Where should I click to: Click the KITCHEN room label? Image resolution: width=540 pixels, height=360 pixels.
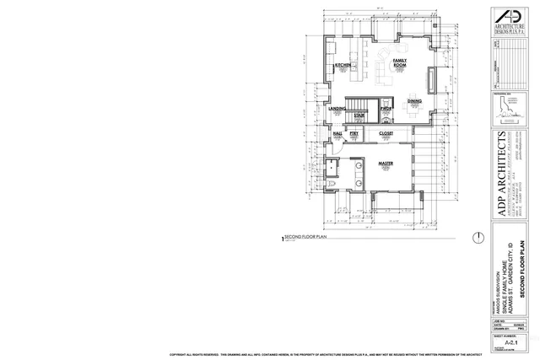tap(343, 65)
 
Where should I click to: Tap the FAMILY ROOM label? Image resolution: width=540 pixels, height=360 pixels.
tap(400, 64)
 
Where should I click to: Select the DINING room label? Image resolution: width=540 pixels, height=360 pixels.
tap(414, 101)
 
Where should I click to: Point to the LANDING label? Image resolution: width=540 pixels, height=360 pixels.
tap(337, 109)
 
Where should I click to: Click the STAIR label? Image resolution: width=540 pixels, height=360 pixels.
tap(359, 115)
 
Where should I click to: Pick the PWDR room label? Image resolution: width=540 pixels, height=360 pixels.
tap(385, 109)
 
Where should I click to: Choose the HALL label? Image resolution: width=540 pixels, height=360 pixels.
tap(337, 133)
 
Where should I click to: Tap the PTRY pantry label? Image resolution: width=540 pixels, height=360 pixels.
tap(354, 133)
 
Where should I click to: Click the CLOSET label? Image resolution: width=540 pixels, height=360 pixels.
tap(386, 133)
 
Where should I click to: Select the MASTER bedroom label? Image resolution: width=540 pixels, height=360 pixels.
tap(386, 164)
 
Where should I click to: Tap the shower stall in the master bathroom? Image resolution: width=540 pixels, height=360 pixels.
tap(335, 165)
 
